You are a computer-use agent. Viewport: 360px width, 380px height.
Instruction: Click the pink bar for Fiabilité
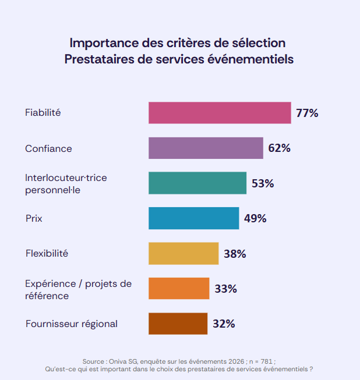(x=220, y=113)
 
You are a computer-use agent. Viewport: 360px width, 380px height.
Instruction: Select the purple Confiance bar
(x=206, y=148)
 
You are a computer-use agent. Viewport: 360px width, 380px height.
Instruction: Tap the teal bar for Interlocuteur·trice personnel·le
(x=197, y=183)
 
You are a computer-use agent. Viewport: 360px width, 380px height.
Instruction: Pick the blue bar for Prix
(x=193, y=218)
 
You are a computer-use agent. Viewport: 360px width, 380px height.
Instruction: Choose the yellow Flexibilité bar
(x=183, y=254)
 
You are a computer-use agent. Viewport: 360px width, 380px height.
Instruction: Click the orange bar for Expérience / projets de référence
(x=179, y=289)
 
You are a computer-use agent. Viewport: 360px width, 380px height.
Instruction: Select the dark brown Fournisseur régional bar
(x=178, y=324)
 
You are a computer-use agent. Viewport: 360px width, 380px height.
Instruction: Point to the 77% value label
(x=307, y=113)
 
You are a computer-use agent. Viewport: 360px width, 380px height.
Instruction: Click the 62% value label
(x=279, y=148)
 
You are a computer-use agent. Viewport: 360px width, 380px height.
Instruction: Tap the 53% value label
(x=263, y=183)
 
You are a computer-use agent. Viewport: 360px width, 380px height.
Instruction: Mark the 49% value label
(x=255, y=218)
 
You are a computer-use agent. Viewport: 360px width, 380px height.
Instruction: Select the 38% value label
(x=235, y=254)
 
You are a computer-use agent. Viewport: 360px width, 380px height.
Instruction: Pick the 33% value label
(x=225, y=289)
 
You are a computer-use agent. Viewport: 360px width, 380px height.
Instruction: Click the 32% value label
(x=224, y=324)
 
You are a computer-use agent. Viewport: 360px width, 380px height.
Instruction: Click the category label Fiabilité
(x=43, y=113)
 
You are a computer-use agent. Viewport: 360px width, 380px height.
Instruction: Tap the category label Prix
(x=34, y=219)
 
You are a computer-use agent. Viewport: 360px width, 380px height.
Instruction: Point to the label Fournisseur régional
(x=71, y=324)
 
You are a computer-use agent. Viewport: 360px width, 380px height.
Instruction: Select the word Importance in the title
(x=103, y=43)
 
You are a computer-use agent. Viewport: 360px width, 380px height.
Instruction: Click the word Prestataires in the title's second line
(x=101, y=59)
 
